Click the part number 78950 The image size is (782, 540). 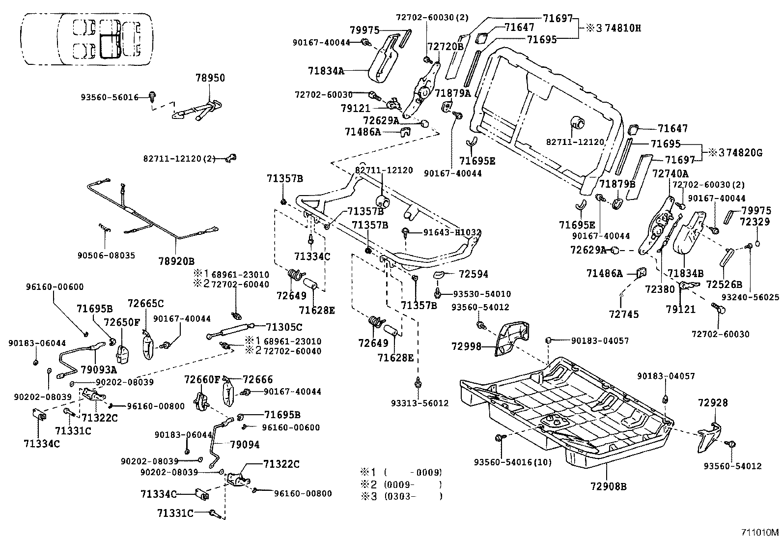(210, 78)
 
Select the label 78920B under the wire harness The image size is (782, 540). (176, 260)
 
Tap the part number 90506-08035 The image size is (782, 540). (106, 256)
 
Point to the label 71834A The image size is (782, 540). (326, 71)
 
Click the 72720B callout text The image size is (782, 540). (446, 47)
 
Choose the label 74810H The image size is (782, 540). (623, 28)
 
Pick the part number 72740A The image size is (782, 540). (670, 173)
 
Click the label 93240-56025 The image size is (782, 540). (750, 297)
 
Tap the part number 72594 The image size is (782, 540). (474, 274)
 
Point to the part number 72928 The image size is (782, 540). (713, 403)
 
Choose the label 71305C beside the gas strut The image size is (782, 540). (284, 327)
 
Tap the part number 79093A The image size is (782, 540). (99, 369)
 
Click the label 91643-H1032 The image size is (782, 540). (452, 232)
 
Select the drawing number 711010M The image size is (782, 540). (760, 532)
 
